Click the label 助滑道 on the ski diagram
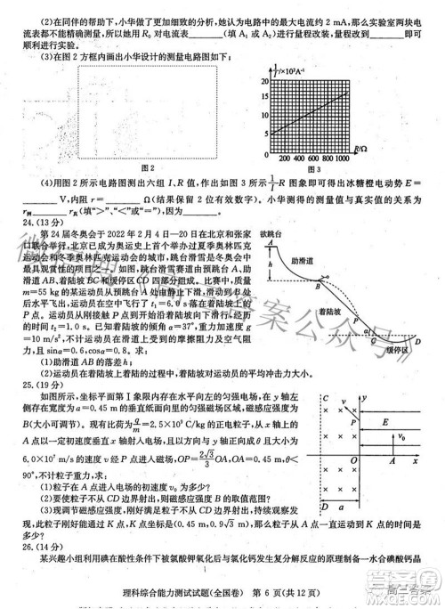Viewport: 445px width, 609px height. pyautogui.click(x=353, y=264)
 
